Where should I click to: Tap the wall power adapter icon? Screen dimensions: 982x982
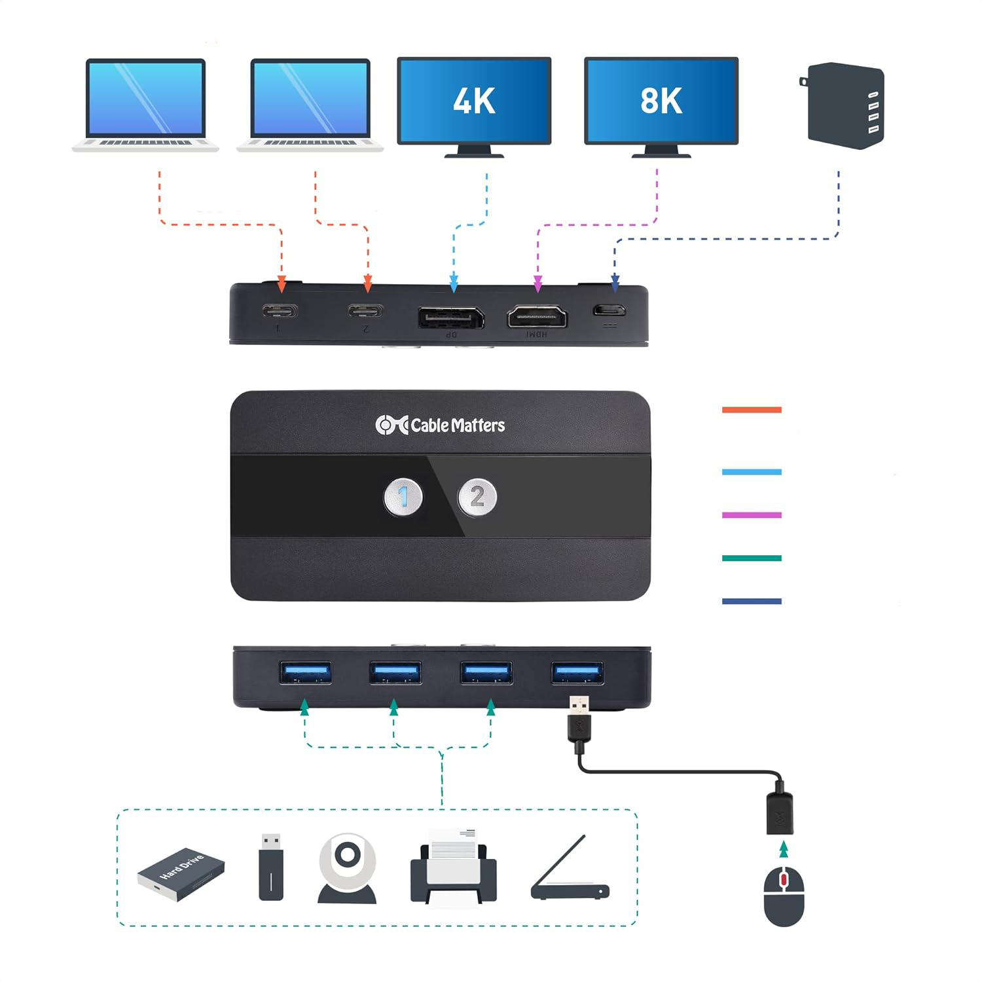point(845,105)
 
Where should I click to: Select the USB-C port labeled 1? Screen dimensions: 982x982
point(280,310)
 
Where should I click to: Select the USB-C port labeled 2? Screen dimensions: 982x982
point(366,310)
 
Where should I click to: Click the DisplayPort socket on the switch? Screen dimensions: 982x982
point(451,318)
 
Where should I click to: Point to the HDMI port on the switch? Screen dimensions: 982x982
point(537,318)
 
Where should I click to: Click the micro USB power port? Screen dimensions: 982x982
point(609,310)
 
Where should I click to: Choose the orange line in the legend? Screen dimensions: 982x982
point(752,410)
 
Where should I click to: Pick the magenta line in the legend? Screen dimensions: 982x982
point(752,515)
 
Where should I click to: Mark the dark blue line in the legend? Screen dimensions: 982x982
point(752,601)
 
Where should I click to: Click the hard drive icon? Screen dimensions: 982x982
point(181,874)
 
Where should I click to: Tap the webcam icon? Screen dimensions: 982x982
point(347,867)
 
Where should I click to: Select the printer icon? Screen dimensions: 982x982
point(453,867)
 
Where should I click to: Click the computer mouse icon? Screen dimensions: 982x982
point(784,896)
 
